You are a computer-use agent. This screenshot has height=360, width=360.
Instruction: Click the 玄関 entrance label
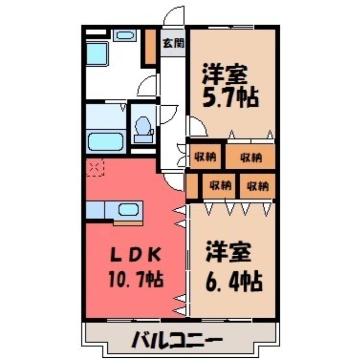pos(173,44)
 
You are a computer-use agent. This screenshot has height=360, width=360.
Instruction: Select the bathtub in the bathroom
pos(106,142)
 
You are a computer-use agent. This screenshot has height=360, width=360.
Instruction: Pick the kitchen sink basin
pos(128,210)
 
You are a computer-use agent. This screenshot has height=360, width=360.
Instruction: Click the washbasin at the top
pos(122,35)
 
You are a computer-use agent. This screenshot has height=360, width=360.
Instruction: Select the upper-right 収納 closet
pos(251,157)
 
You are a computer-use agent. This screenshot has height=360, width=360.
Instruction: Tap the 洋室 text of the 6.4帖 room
pos(229,253)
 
